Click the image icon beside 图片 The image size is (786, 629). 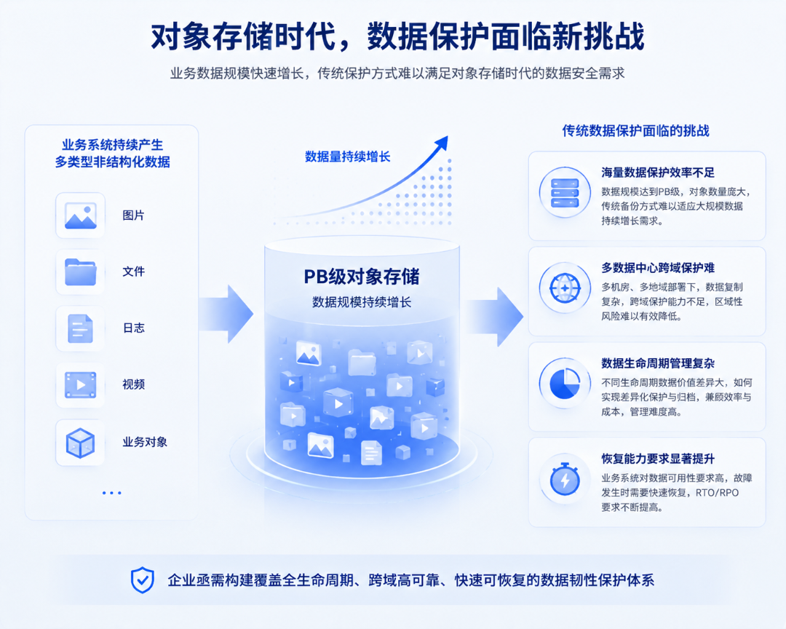80,215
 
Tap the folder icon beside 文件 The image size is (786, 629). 80,272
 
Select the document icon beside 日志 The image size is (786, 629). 80,328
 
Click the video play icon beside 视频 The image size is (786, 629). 80,384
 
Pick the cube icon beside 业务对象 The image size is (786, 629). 80,443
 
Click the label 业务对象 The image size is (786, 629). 145,442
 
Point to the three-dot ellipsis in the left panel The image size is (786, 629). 112,493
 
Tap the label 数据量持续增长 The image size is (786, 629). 347,157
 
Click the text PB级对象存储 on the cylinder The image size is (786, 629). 362,277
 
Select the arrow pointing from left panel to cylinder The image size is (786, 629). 226,314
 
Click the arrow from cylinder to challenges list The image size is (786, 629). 495,317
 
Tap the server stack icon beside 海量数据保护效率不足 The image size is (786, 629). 565,193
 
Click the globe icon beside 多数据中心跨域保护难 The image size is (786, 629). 565,288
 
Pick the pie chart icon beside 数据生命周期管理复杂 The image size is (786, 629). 565,384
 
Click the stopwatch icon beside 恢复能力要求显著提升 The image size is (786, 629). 565,479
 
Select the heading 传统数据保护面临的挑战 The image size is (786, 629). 635,131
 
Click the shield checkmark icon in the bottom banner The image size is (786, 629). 143,580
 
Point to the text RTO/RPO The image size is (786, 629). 718,493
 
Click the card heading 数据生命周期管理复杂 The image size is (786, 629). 658,363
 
